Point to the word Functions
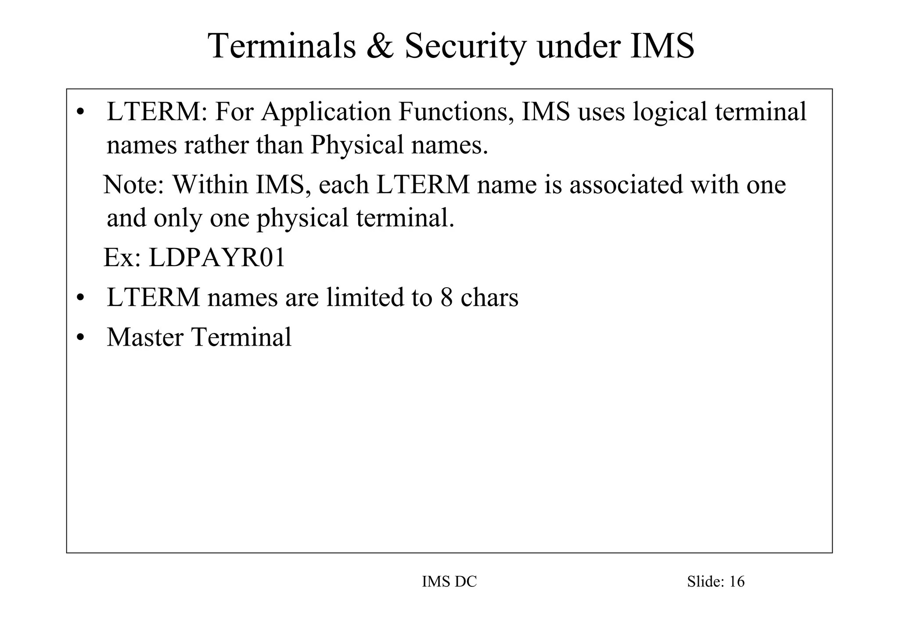tap(456, 111)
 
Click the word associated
tap(626, 184)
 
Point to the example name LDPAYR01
tap(217, 257)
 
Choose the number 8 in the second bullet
tap(446, 297)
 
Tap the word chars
tap(489, 297)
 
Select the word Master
tap(145, 337)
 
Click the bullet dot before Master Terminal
tap(80, 338)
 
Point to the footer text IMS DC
tap(449, 582)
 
